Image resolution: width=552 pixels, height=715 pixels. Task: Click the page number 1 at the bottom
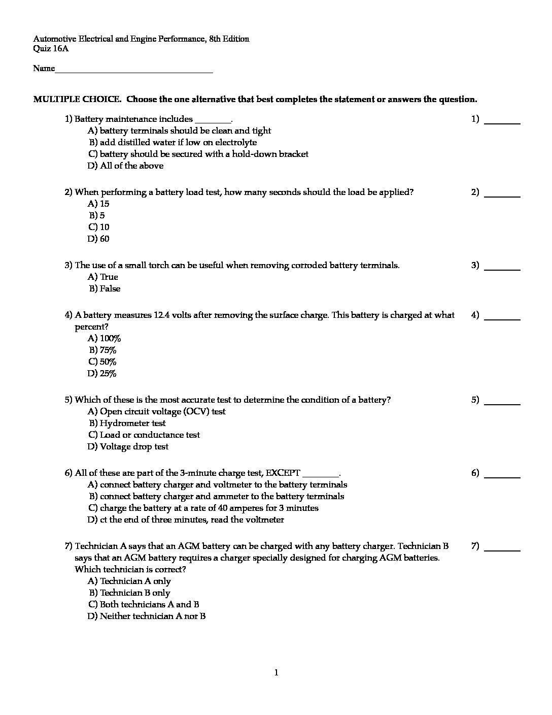[x=276, y=673]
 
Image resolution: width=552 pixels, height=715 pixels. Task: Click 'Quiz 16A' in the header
[x=51, y=49]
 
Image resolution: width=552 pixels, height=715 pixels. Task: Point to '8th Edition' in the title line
[x=229, y=39]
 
